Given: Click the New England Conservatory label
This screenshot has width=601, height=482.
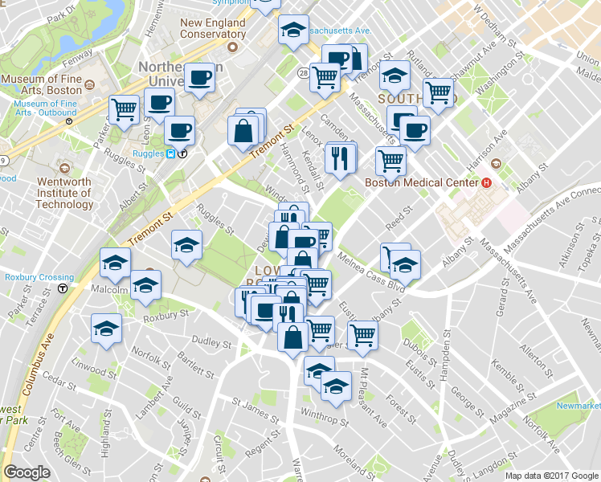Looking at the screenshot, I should (212, 29).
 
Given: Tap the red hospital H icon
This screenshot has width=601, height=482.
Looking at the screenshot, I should (485, 183).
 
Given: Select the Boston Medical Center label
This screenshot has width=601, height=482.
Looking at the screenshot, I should (422, 182).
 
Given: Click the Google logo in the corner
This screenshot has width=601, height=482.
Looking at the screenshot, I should (27, 472).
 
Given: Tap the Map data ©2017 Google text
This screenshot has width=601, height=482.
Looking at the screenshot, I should (551, 476).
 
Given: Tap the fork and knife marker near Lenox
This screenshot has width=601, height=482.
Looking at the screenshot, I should (341, 157).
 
